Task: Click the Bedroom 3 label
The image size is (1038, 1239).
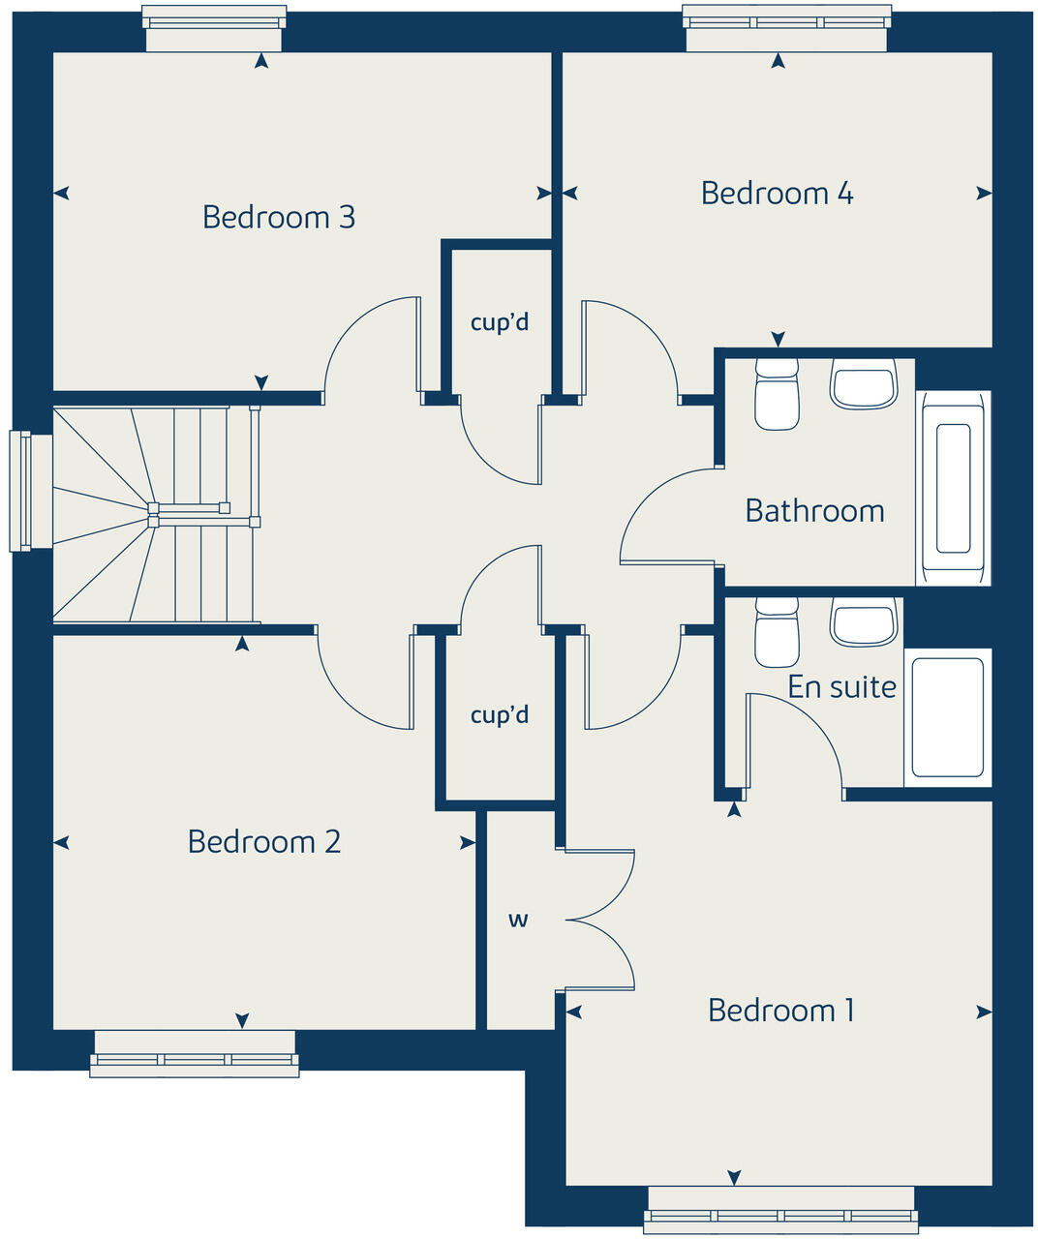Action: [278, 217]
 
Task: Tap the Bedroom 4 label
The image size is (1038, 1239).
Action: [777, 194]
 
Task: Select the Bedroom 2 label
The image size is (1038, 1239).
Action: [264, 841]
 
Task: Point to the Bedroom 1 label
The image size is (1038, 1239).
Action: [781, 1011]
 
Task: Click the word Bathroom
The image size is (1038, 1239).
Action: [814, 511]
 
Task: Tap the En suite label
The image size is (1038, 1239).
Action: [841, 687]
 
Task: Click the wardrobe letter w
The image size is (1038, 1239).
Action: [519, 920]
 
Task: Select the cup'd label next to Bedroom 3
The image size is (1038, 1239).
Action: [500, 322]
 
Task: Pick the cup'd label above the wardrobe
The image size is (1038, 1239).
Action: [500, 715]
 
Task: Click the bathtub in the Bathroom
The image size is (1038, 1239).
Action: [954, 488]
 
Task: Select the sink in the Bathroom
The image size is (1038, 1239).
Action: [863, 384]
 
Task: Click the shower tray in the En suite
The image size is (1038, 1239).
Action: [948, 717]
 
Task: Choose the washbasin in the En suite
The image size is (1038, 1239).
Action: [863, 623]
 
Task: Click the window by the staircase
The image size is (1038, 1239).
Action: [21, 491]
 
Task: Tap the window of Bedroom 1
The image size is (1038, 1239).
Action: [781, 1210]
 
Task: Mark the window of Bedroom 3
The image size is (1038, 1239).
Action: [214, 28]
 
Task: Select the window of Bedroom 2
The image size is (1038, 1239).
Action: [195, 1054]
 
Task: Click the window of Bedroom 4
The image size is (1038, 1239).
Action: [786, 28]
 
